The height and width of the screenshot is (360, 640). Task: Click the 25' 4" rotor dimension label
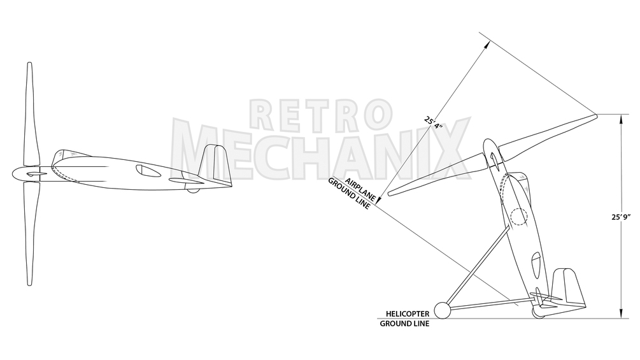tap(434, 123)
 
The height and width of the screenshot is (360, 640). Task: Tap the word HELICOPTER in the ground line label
tap(408, 314)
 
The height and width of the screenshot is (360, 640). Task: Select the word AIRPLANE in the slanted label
tap(360, 189)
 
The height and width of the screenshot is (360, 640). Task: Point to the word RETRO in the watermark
tap(321, 113)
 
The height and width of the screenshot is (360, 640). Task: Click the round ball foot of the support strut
tap(442, 310)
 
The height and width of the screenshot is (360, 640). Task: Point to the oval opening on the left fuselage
tap(148, 171)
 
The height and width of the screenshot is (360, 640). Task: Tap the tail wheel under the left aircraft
tap(193, 191)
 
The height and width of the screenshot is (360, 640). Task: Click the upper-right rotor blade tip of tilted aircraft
tap(595, 115)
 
